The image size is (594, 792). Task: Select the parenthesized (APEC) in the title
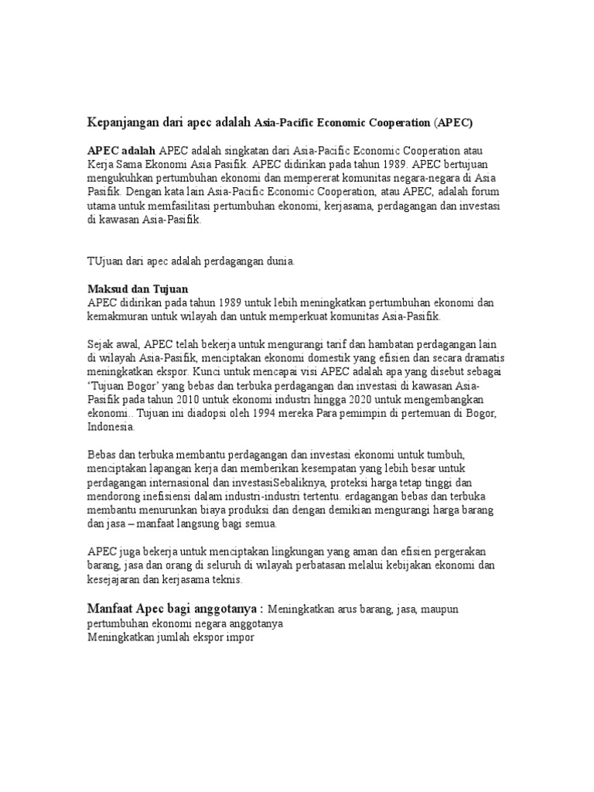click(x=453, y=122)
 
